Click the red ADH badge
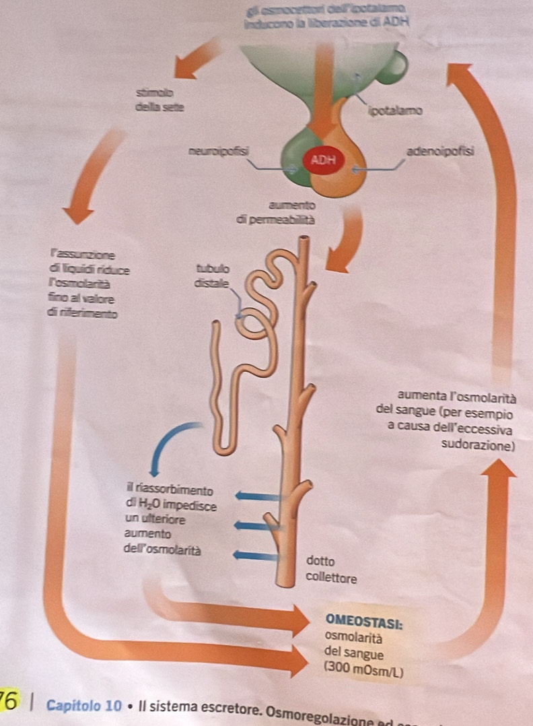click(x=324, y=160)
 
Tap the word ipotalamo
click(x=395, y=110)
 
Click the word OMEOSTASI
click(x=363, y=620)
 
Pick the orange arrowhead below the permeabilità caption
click(x=341, y=259)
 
